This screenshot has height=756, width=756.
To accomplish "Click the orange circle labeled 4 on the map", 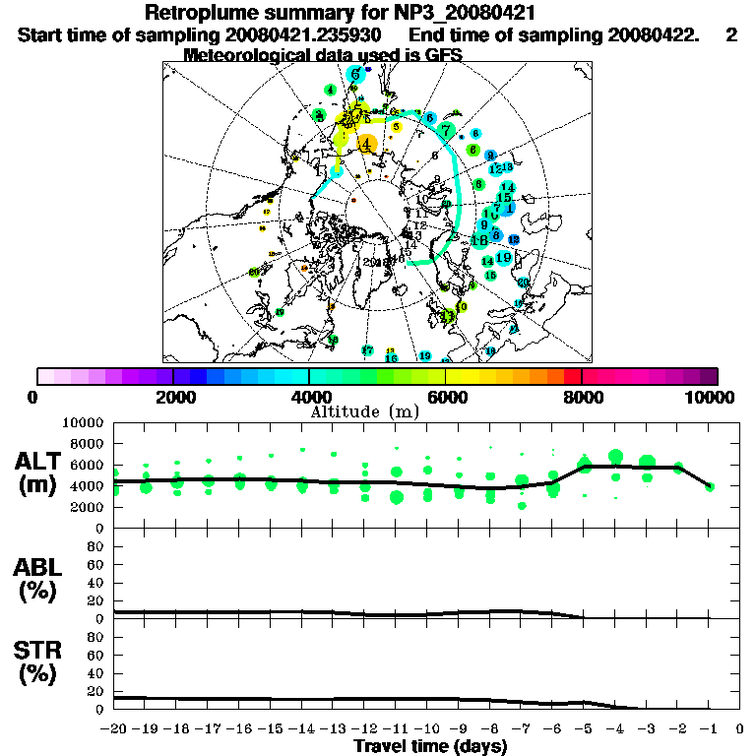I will tap(367, 144).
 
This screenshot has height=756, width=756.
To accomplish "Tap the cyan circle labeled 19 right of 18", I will tap(503, 258).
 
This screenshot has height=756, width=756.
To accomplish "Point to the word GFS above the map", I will tap(440, 55).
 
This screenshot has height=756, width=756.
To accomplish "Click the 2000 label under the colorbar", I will tap(173, 397).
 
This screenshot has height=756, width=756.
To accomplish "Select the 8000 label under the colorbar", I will tap(582, 397).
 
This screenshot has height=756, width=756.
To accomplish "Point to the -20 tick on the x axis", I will tap(115, 729).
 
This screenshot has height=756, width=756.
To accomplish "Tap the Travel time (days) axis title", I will tap(430, 746).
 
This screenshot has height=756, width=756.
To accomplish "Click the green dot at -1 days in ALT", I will tap(710, 486).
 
